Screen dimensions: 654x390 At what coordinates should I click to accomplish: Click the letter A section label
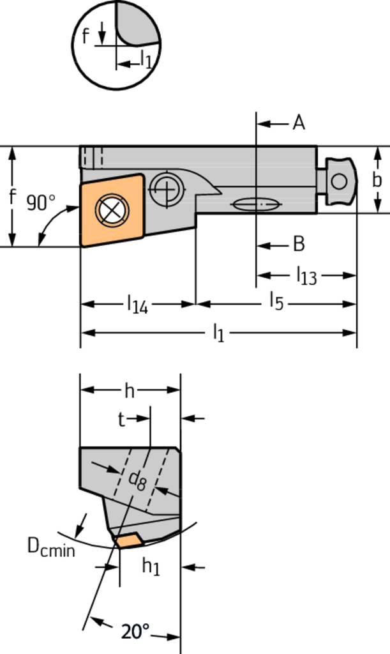tap(298, 123)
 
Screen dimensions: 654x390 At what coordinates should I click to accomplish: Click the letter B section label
tap(298, 244)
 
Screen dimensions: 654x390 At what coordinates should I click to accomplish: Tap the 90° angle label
tap(41, 203)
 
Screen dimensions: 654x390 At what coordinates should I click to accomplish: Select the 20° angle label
tap(135, 632)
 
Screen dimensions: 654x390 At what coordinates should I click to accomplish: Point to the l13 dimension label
tap(306, 276)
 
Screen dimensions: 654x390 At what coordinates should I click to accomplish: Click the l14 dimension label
tap(137, 305)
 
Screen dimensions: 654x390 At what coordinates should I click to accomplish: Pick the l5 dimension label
tap(275, 300)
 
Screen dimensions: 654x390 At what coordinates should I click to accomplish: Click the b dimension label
tap(377, 181)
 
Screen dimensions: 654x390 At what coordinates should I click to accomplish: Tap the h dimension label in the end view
tap(130, 390)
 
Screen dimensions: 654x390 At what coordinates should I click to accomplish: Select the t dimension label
tap(121, 420)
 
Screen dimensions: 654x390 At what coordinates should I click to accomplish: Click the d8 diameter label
tap(138, 480)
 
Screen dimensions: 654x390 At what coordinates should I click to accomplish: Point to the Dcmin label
tap(50, 547)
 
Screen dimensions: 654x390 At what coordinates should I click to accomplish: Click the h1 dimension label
tap(150, 565)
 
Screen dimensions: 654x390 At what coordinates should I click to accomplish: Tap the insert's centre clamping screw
tap(111, 209)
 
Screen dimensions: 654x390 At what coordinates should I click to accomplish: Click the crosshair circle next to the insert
tap(166, 189)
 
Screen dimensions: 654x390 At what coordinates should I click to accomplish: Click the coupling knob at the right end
tap(339, 182)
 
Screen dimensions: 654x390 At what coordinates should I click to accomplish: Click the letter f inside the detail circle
tap(86, 36)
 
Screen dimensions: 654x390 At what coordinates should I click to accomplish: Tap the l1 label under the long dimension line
tap(218, 332)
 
